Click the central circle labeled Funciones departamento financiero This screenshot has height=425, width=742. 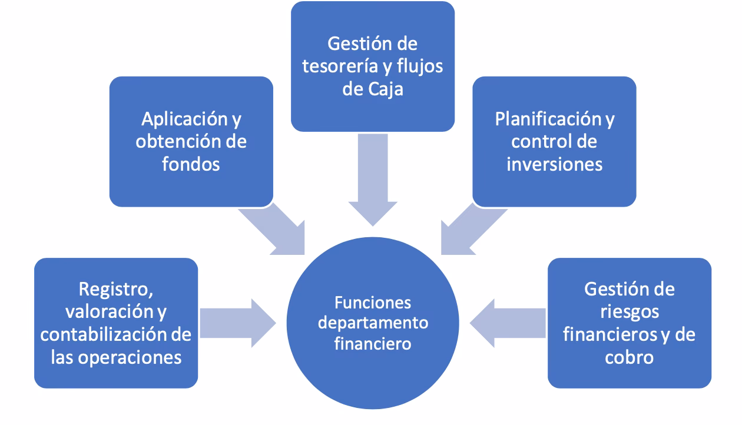(372, 323)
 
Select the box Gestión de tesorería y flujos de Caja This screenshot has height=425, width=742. (372, 66)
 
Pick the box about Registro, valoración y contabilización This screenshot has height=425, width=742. (116, 323)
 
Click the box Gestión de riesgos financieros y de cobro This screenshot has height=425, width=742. (629, 323)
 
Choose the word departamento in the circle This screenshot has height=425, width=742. (372, 323)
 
